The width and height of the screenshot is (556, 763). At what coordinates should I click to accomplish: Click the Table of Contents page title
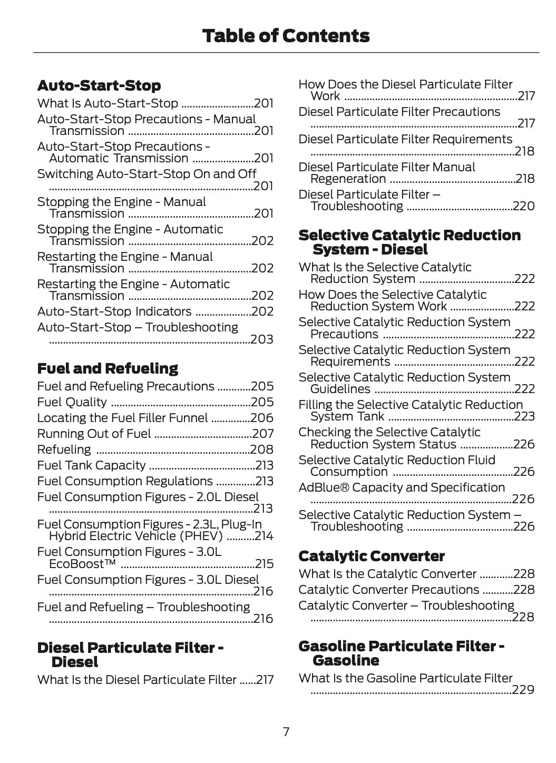coord(285,36)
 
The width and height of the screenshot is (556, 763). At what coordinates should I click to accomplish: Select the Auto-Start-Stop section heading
coord(99,85)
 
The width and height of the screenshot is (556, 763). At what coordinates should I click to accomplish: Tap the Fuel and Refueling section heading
coord(108,368)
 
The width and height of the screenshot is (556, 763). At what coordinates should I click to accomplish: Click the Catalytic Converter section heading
coord(371,556)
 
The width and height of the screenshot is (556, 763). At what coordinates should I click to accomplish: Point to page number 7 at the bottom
coord(286,732)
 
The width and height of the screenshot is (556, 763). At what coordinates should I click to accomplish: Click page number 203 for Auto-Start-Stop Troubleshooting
coord(262,339)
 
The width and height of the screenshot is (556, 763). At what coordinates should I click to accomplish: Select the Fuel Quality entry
coord(72,402)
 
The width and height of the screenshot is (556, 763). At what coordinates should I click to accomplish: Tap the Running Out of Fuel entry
coord(94,434)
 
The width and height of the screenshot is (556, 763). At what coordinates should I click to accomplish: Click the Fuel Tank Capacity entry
coord(91,465)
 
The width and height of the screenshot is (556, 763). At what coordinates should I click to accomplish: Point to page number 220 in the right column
coord(523,206)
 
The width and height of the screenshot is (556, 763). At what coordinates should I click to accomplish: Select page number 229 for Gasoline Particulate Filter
coord(523,690)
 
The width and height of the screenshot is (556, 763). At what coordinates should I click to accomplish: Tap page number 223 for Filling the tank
coord(524,416)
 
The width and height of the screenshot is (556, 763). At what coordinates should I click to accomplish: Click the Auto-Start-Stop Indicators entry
coord(114,311)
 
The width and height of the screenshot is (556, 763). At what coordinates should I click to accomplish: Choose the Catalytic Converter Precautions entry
coord(389,590)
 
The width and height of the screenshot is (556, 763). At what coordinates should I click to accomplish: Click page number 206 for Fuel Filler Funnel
coord(262,418)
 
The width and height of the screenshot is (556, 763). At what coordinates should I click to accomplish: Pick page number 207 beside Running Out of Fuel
coord(262,434)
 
